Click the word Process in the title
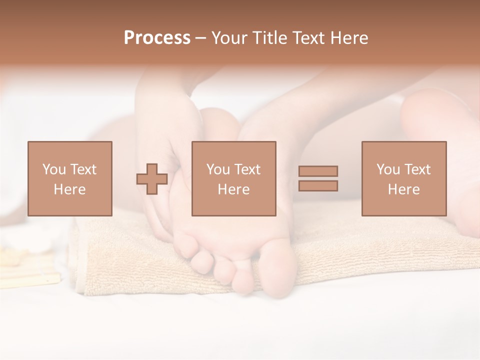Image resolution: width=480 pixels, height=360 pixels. click(157, 38)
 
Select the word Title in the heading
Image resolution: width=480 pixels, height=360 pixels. click(269, 38)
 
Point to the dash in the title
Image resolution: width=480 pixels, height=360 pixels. click(201, 38)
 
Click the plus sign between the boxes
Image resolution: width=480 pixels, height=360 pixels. click(152, 179)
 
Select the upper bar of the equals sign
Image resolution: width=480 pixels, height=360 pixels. click(318, 171)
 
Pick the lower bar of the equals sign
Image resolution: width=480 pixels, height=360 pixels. click(318, 185)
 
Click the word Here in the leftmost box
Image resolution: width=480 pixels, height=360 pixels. click(69, 189)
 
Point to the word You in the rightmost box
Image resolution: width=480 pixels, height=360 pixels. click(388, 169)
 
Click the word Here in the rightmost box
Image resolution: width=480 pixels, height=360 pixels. click(403, 189)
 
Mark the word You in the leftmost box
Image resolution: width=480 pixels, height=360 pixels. click(54, 169)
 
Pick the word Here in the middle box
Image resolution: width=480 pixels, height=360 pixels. click(233, 189)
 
